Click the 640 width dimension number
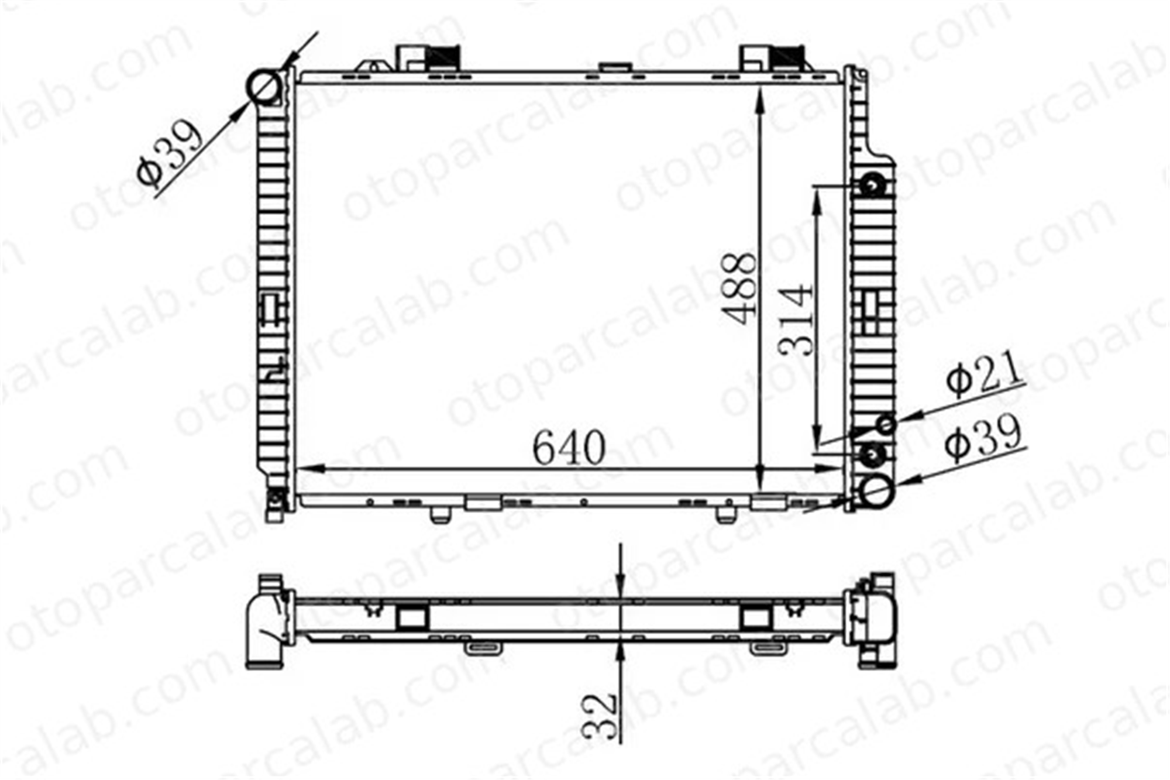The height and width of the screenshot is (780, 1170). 569,448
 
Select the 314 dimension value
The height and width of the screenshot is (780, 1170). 796,320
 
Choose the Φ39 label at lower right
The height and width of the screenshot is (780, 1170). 983,440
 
